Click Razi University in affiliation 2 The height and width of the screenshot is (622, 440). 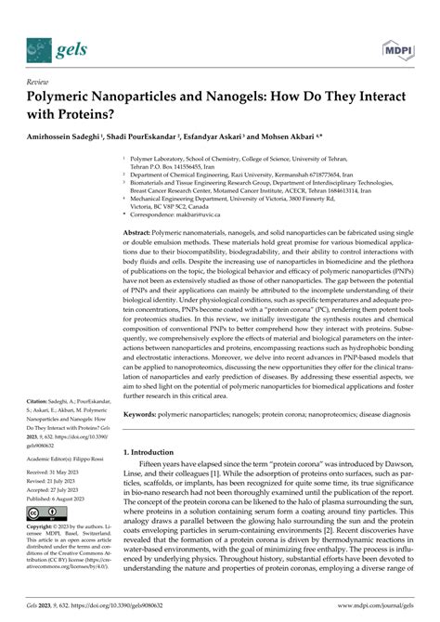(248, 173)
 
